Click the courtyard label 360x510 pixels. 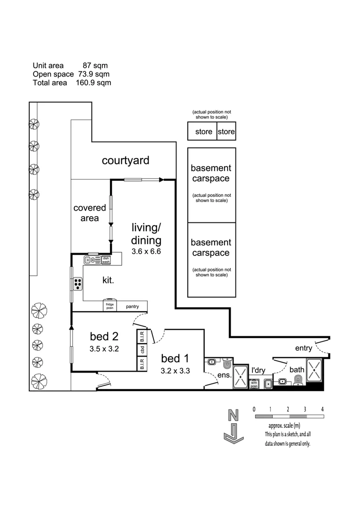(126, 161)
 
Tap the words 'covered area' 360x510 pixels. (86, 212)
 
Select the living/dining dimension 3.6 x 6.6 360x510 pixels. (146, 252)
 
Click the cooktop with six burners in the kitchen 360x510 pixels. (78, 283)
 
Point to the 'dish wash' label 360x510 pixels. (106, 259)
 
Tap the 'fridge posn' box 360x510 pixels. (109, 306)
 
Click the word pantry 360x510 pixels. (132, 307)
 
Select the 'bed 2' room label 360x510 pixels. (104, 336)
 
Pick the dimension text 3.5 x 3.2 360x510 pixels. (104, 349)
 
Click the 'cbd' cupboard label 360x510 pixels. (142, 350)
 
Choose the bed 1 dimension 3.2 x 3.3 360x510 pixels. (175, 371)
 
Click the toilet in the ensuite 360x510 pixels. (227, 363)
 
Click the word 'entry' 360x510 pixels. (303, 348)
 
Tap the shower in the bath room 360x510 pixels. (314, 369)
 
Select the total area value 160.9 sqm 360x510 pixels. (93, 83)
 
